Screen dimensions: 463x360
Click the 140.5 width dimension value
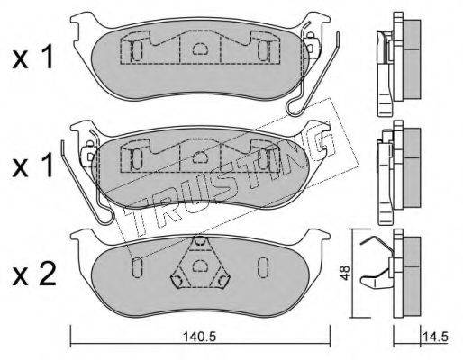(x=200, y=337)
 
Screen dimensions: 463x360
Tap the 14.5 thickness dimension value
(x=436, y=337)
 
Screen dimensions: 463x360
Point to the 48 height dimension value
(x=345, y=273)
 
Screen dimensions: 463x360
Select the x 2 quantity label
(x=33, y=274)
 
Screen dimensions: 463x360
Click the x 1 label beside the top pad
(x=32, y=57)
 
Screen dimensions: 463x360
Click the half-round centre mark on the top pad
(x=200, y=49)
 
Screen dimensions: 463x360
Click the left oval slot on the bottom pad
(x=137, y=267)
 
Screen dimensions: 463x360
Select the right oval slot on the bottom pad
(x=263, y=267)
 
